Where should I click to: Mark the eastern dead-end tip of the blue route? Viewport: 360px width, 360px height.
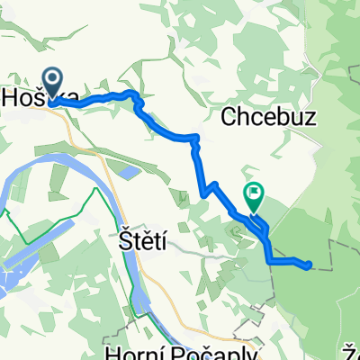310,265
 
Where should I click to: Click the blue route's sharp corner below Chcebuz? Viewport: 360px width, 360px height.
196,138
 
